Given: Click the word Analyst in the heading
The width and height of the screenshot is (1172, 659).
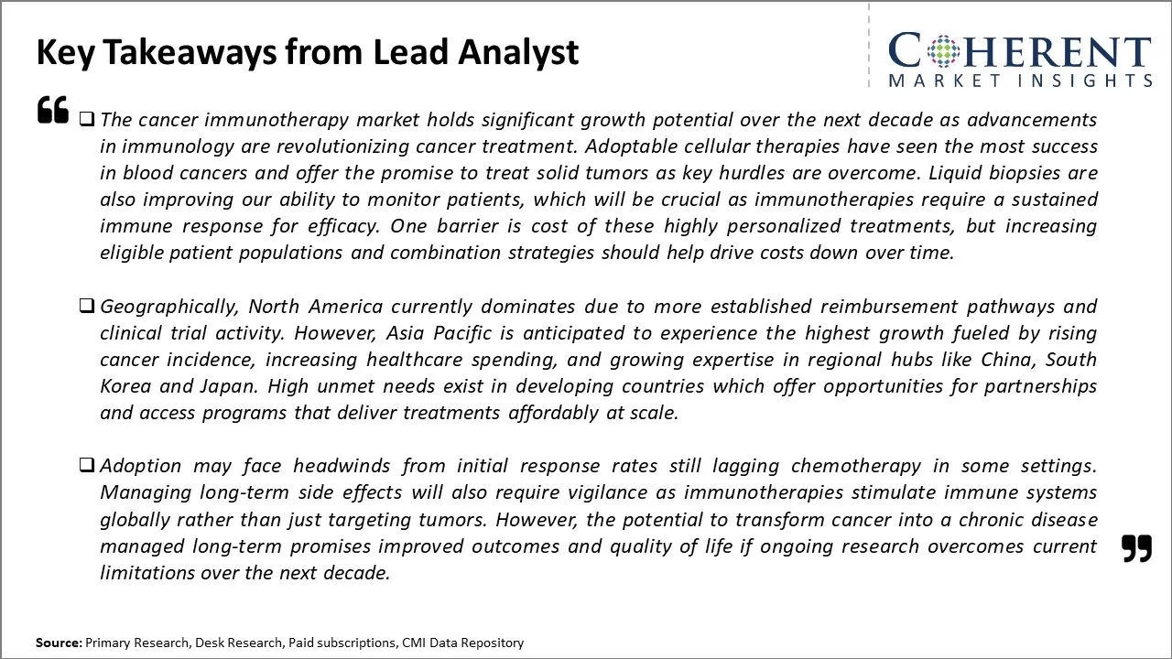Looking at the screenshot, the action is (518, 53).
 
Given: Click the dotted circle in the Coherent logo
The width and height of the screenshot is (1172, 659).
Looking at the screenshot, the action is (943, 50).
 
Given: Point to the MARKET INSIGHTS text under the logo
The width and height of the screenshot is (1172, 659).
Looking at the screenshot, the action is (1020, 81).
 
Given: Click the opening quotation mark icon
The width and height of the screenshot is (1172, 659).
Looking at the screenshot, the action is (53, 109).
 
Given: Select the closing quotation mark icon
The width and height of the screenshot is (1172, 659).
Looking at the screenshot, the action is (1137, 548).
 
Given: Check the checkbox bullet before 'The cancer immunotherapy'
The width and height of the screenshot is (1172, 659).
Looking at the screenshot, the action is (87, 119).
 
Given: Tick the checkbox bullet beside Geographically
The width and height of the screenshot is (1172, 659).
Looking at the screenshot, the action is (87, 306).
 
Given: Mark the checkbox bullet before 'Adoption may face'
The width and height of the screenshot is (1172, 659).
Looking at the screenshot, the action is (87, 464).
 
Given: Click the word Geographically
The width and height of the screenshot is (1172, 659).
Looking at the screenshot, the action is (169, 307).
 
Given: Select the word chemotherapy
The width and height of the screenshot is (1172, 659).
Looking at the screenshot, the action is (855, 466).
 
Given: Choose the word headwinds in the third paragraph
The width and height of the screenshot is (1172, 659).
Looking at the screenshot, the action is (342, 466).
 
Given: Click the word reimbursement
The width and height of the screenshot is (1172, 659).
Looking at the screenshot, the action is (888, 307).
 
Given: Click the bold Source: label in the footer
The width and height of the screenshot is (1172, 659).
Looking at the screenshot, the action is (60, 643).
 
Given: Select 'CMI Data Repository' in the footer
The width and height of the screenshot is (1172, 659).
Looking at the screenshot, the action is (462, 643).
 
